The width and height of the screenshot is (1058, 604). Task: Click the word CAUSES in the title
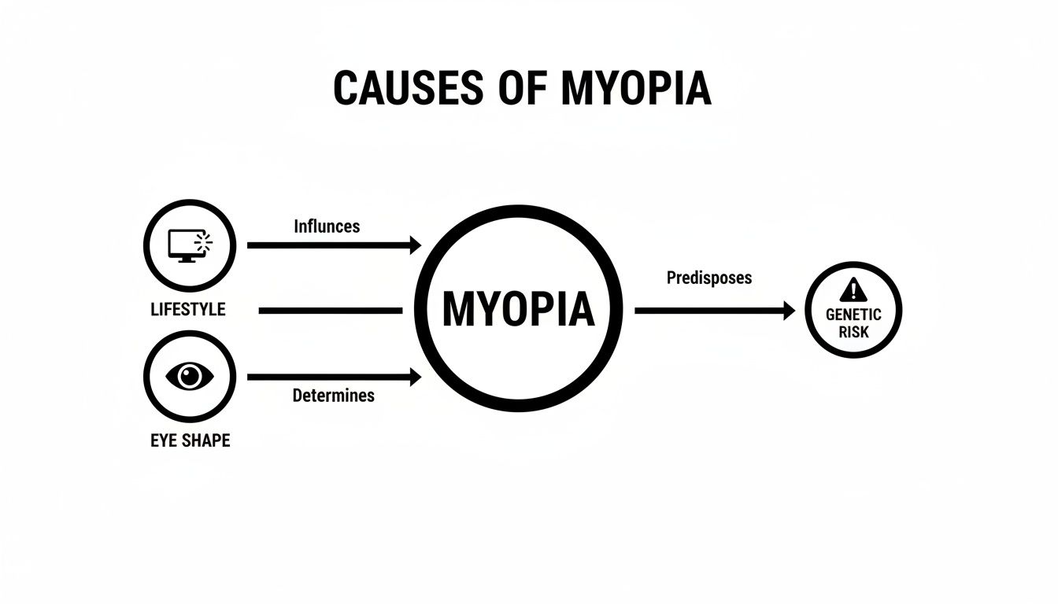(408, 88)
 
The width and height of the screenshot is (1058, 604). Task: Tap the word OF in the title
(523, 88)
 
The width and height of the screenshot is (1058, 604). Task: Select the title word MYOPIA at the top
(636, 88)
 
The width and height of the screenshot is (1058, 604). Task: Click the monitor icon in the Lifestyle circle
(191, 246)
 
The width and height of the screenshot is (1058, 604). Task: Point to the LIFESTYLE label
(188, 310)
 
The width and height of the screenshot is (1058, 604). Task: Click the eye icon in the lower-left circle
(190, 376)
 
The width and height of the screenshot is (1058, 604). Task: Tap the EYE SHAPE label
(190, 440)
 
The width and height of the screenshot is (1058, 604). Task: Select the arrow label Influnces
(327, 226)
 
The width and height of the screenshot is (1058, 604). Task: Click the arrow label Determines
(334, 396)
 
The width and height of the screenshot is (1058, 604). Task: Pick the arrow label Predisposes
(709, 278)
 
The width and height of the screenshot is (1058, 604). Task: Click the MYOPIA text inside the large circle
(518, 309)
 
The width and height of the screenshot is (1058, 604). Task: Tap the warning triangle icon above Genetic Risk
(853, 289)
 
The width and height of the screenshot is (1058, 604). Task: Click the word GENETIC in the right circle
(853, 315)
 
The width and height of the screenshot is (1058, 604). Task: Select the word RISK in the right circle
(853, 332)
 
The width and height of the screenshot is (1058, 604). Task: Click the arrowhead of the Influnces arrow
(416, 245)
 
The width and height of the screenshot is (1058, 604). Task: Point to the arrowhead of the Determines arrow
(416, 377)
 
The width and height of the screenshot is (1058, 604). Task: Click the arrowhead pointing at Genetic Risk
(790, 311)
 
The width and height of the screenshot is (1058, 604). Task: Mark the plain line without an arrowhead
(331, 311)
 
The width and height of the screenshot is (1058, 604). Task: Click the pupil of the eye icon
(190, 376)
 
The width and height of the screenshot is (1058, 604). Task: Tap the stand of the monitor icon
(187, 260)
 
